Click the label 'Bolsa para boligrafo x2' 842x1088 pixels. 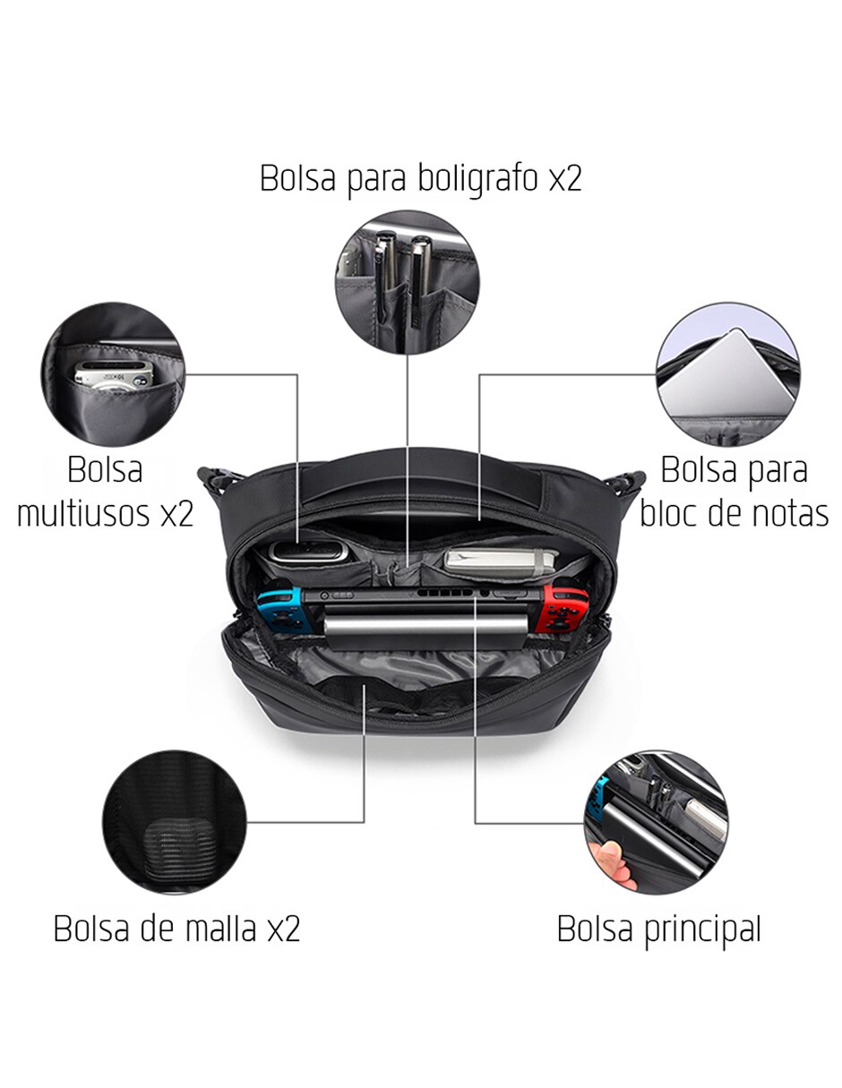click(420, 179)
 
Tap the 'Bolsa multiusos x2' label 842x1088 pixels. click(106, 492)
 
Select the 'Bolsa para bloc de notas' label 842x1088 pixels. click(735, 492)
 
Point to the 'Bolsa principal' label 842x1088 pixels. click(658, 930)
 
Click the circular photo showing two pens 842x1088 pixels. click(407, 282)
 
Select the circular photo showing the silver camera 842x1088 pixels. click(113, 374)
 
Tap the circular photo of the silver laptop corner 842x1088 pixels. click(728, 374)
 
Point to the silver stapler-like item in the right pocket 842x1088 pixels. click(501, 561)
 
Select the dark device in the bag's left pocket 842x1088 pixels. click(308, 552)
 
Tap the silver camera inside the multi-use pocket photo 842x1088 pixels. click(114, 375)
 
